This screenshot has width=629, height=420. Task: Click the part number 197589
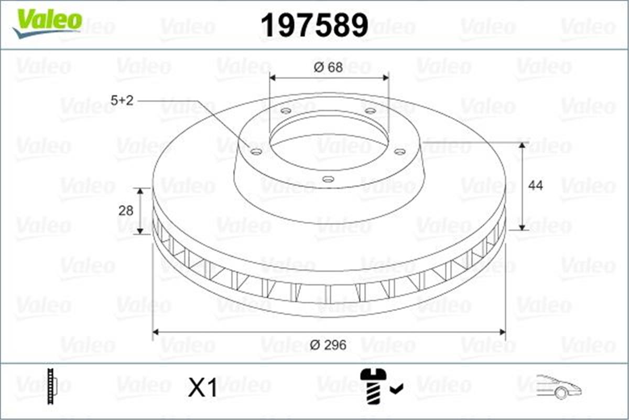point(314,25)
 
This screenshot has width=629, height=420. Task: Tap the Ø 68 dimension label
point(328,68)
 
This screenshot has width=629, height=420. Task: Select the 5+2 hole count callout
point(123,101)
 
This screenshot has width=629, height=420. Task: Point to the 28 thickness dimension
point(126,211)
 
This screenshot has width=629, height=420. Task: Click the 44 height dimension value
point(535,185)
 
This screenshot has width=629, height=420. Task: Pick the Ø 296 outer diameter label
point(328,345)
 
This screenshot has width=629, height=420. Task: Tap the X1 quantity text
point(203,388)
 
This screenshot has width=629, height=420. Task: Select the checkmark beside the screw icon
point(397,389)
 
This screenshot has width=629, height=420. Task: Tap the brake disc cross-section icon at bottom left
point(51,387)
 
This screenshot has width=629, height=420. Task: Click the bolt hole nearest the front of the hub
point(328,180)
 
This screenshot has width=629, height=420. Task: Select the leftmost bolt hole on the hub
point(256,152)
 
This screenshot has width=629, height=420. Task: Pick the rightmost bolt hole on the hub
point(399,152)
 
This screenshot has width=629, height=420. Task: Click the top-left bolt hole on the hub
point(286,111)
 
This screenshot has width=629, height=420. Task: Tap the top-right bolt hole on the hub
point(370,111)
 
